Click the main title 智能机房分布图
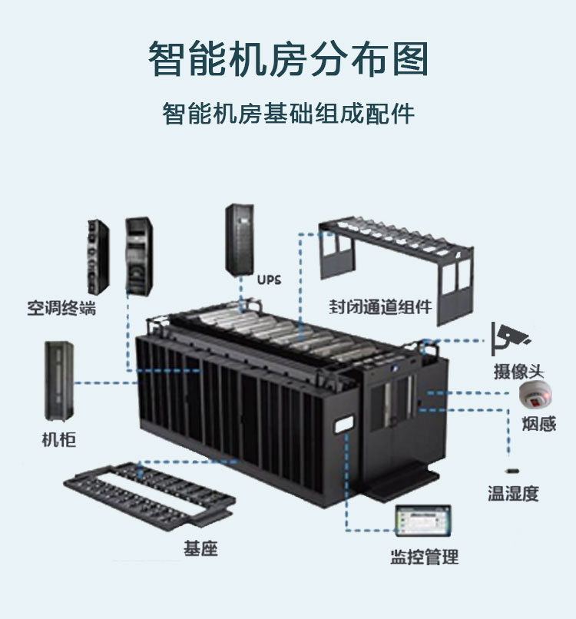[288, 59]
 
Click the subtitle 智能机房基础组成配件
[288, 114]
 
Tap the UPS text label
[270, 280]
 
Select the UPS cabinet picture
[240, 238]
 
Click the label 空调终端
[61, 308]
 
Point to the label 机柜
[59, 439]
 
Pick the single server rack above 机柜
[59, 382]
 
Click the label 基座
[200, 548]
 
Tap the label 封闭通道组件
[381, 306]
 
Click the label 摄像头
[518, 372]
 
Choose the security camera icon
[510, 339]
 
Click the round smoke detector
[535, 395]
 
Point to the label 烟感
[539, 424]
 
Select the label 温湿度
[513, 494]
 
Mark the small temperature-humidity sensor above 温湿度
[512, 471]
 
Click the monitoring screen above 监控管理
[423, 520]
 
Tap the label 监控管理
[425, 557]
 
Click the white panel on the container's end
[344, 425]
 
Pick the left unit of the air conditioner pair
[98, 257]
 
